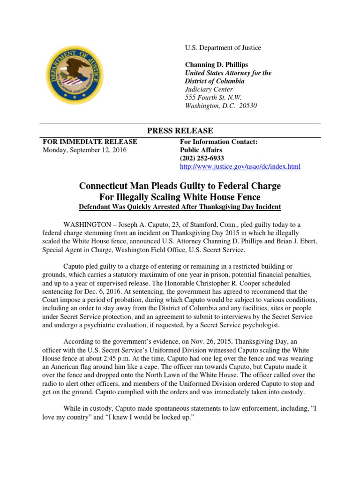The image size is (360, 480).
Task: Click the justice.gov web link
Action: pyautogui.click(x=240, y=166)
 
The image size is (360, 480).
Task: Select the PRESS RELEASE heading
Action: pyautogui.click(x=180, y=130)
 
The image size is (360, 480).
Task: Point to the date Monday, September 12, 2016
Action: pyautogui.click(x=84, y=150)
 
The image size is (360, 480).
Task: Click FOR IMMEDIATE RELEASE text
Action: pyautogui.click(x=90, y=142)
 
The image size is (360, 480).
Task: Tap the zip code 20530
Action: pyautogui.click(x=248, y=106)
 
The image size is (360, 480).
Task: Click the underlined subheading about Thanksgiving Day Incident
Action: pyautogui.click(x=180, y=207)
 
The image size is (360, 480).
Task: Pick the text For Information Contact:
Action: pyautogui.click(x=219, y=142)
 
